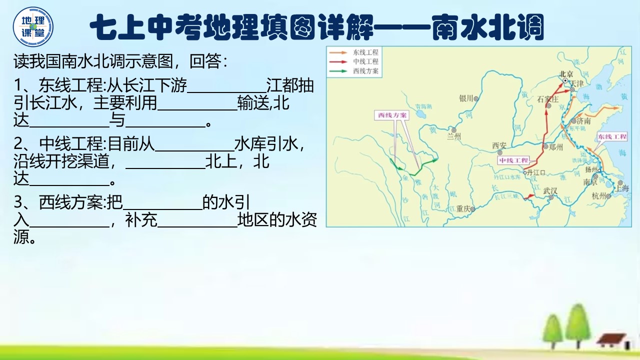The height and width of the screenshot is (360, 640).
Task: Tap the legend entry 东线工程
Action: [365, 52]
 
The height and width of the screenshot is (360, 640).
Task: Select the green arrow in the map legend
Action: [339, 71]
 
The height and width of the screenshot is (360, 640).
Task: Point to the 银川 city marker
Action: [476, 98]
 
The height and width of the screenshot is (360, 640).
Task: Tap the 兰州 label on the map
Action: [453, 136]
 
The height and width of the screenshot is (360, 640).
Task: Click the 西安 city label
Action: [499, 145]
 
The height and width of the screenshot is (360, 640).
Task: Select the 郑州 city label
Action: [555, 147]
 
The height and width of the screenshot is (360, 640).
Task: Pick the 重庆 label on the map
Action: [463, 209]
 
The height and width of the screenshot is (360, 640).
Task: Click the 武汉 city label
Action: [550, 190]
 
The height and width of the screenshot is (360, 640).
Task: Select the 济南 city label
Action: [583, 121]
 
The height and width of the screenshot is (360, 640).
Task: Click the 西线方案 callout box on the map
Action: [392, 115]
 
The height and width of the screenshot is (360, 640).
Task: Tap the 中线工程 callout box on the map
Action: [512, 160]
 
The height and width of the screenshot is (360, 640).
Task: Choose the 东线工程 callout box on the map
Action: [611, 136]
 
